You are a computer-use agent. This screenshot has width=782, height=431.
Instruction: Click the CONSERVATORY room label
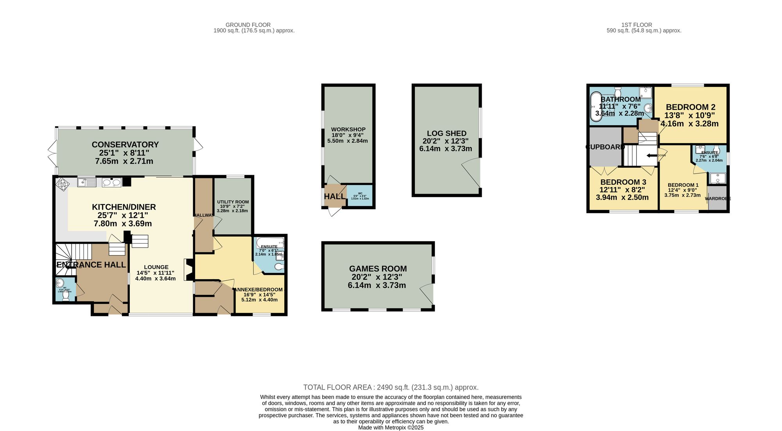click(125, 145)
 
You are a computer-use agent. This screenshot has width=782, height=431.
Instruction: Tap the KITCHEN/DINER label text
click(124, 207)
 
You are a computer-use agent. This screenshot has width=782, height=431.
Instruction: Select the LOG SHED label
click(447, 133)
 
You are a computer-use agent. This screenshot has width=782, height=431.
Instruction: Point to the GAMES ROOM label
click(378, 269)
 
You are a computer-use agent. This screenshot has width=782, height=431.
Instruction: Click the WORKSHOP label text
click(348, 129)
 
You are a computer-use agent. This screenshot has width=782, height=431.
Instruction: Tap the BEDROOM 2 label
click(691, 107)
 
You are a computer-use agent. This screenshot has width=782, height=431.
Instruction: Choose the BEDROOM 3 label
click(623, 182)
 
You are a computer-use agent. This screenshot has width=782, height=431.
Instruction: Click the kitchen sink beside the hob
click(86, 182)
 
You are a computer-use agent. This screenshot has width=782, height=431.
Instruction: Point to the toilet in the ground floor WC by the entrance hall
click(66, 297)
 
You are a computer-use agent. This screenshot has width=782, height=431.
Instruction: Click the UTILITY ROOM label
click(233, 202)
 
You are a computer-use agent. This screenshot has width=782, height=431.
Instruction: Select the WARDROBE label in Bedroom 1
click(717, 199)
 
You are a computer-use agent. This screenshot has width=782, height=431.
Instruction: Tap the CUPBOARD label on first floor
click(605, 147)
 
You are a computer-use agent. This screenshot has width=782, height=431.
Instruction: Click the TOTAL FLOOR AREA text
click(391, 387)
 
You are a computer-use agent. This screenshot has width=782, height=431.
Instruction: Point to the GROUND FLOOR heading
click(248, 25)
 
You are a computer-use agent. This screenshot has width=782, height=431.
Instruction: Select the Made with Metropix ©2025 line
click(391, 427)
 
